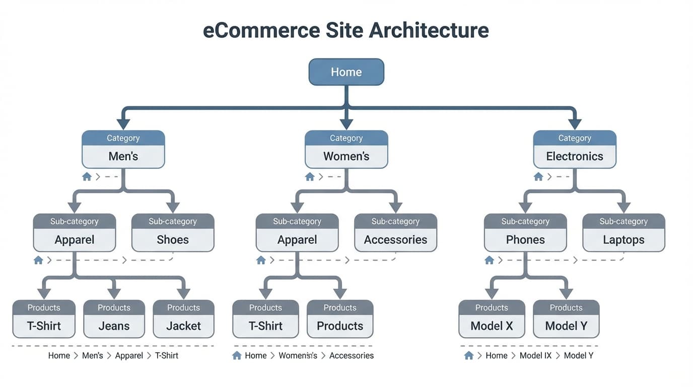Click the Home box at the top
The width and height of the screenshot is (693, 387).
(x=346, y=72)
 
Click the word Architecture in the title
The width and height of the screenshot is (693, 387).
(x=429, y=30)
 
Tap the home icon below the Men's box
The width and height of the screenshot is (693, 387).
(x=87, y=177)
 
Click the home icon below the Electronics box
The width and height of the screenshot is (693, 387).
(x=538, y=177)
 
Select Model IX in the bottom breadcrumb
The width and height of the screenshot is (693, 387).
(x=535, y=356)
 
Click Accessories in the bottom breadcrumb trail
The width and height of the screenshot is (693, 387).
(x=351, y=356)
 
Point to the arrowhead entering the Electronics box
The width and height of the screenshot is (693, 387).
(x=574, y=124)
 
